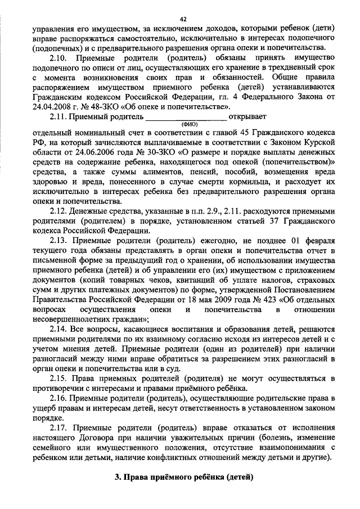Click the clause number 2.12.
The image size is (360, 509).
(60, 211)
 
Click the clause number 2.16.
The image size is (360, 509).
(60, 398)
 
